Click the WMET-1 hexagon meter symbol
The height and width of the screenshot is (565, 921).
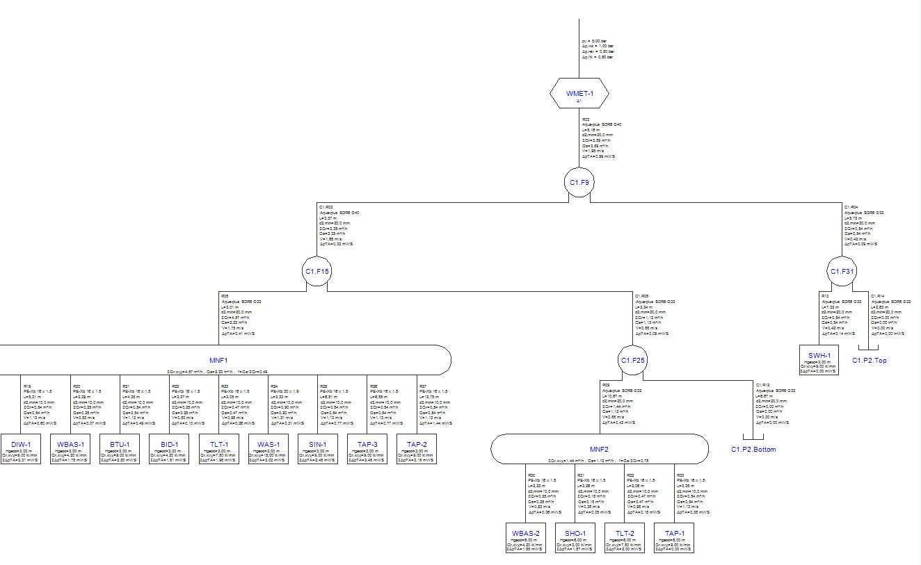point(579,93)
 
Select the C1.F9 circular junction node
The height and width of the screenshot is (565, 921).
point(579,183)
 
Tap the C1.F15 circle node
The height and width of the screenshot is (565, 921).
point(317,271)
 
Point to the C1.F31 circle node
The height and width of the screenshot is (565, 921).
point(842,271)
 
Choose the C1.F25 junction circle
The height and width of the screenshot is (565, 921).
point(633,360)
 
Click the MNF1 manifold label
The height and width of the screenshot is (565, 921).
point(218,361)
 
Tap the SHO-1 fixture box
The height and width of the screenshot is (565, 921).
point(575,538)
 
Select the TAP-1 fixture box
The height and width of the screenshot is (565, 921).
point(673,538)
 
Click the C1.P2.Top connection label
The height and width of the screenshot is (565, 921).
point(870,361)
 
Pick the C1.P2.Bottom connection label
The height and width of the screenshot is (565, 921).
point(753,449)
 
